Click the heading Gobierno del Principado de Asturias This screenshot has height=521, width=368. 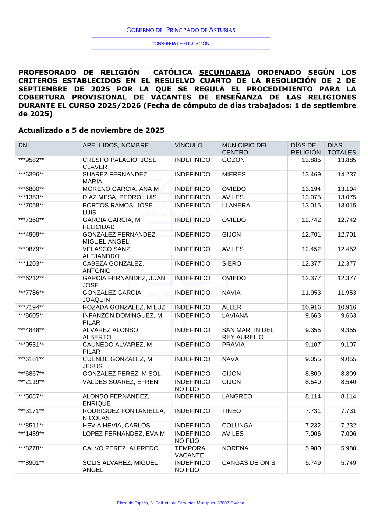181,30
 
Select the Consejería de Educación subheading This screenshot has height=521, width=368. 181,43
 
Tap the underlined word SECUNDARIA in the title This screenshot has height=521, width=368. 224,73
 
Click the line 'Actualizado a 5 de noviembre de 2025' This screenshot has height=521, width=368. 91,130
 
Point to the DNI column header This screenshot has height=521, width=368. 24,146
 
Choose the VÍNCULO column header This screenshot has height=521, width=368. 188,146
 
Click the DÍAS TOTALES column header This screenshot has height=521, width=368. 342,149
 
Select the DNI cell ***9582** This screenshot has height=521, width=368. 31,160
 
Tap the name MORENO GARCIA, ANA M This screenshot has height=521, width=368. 120,189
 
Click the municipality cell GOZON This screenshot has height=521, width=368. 233,160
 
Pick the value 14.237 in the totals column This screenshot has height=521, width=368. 347,175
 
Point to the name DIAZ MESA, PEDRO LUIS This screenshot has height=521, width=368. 119,197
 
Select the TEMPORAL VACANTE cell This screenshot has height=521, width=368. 191,452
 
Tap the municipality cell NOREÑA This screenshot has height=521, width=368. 235,448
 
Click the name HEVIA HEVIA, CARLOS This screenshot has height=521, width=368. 116,426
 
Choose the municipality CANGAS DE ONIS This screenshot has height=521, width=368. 248,463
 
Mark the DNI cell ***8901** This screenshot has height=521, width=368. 31,463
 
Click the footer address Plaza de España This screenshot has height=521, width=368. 180,503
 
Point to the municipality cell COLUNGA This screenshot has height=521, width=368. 237,426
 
